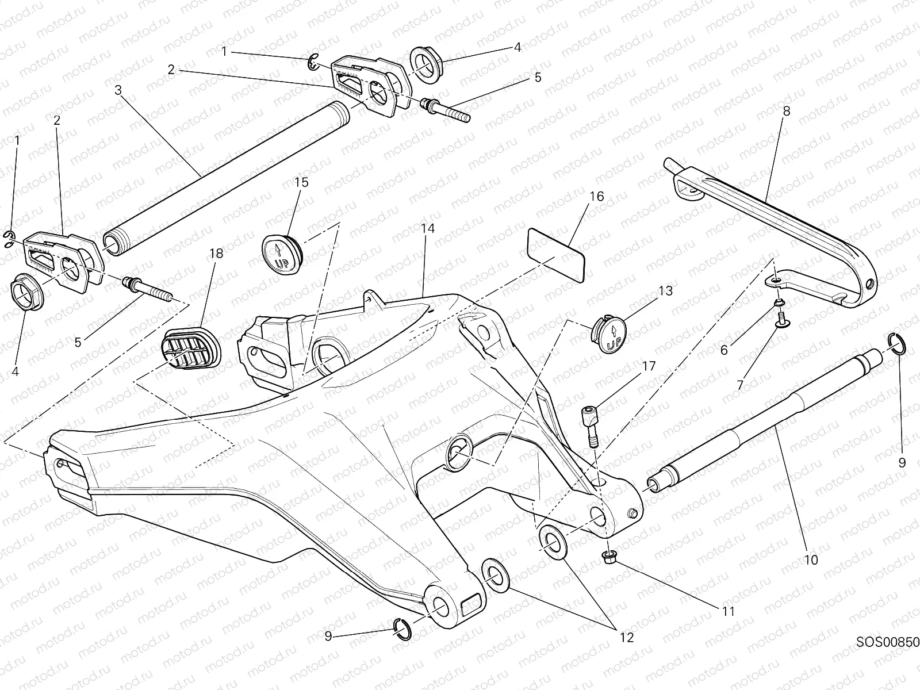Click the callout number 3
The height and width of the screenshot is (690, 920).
[118, 90]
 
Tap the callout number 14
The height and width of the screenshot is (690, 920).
[427, 228]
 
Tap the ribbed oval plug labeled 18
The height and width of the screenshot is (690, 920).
[191, 349]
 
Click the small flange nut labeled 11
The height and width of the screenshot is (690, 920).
[609, 557]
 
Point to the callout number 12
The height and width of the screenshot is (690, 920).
[626, 637]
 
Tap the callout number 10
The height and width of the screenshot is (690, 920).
[811, 559]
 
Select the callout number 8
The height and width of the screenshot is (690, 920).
[786, 111]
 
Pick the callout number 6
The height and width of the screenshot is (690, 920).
[724, 350]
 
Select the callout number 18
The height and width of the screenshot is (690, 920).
[216, 254]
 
